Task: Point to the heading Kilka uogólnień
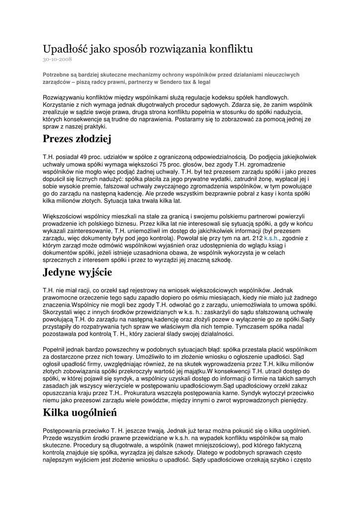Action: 80,412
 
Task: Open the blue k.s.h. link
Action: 271,239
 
